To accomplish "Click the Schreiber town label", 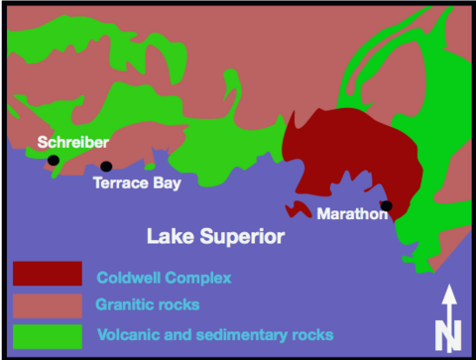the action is pos(73,142).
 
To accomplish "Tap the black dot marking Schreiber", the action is pos(54,161).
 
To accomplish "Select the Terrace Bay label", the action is pos(137,183).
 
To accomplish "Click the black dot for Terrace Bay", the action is pos(106,167).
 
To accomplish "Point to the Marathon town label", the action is pos(352,214).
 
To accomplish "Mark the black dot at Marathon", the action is pos(387,205).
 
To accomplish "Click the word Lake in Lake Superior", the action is pos(171,236).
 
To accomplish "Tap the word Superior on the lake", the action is pos(242,237).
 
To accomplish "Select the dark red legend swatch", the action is pos(48,274).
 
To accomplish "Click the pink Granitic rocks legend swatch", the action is pos(48,305).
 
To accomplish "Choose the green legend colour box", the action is pos(48,336).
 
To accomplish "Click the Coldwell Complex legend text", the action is pos(164,278).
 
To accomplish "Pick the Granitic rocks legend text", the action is pos(148,304).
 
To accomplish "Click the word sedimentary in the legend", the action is pos(242,335).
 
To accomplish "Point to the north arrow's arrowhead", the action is pos(449,295).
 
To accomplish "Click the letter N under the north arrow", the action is pos(448,335).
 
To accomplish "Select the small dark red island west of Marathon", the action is pos(297,209).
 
